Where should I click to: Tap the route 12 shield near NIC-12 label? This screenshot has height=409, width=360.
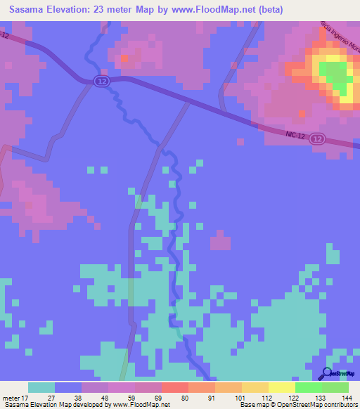tap(318, 139)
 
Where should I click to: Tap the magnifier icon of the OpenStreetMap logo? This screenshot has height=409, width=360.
tap(327, 373)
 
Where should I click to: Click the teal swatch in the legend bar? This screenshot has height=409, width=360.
tap(41, 387)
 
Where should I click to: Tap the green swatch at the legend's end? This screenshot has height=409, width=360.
tap(335, 387)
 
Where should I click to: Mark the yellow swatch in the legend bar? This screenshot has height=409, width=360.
tap(281, 387)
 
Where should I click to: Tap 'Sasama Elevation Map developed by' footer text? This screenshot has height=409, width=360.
tap(51, 405)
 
